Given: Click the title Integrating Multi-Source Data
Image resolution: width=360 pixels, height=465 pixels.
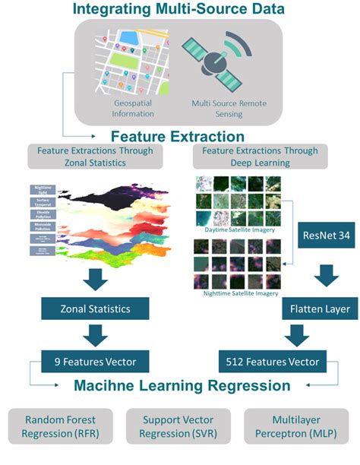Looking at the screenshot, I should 181,9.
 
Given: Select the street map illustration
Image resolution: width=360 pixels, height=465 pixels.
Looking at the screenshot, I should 134,62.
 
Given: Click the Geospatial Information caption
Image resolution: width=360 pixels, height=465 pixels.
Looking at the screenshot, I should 134,108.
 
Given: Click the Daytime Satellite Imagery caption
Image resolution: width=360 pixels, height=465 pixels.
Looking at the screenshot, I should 236,228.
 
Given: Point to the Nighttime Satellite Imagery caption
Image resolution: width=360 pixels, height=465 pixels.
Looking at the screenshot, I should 236,293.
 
